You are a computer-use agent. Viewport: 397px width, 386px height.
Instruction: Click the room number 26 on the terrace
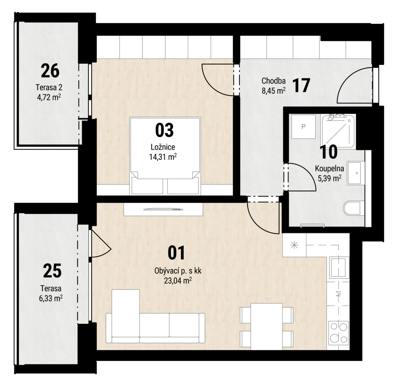50,71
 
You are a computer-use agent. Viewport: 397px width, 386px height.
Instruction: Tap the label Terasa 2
49,88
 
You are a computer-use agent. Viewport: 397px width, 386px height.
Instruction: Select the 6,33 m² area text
51,298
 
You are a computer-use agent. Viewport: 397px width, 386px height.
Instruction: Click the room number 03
164,130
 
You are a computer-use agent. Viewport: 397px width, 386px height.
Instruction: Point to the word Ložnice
163,147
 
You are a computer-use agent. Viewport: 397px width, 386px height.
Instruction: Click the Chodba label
274,81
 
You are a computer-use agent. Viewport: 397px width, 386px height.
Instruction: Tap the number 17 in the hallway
301,86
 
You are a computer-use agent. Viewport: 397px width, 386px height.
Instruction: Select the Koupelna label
329,169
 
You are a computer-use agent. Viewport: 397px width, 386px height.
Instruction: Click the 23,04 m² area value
178,281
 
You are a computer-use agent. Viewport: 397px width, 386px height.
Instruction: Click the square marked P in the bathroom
303,127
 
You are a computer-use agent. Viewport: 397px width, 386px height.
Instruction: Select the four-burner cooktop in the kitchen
338,332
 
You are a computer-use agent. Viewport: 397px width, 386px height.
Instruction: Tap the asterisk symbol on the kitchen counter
294,245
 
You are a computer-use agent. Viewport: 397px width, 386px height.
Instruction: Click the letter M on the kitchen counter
339,294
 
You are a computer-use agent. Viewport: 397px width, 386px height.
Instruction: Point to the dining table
267,327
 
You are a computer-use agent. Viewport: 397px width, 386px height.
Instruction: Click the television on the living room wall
163,209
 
